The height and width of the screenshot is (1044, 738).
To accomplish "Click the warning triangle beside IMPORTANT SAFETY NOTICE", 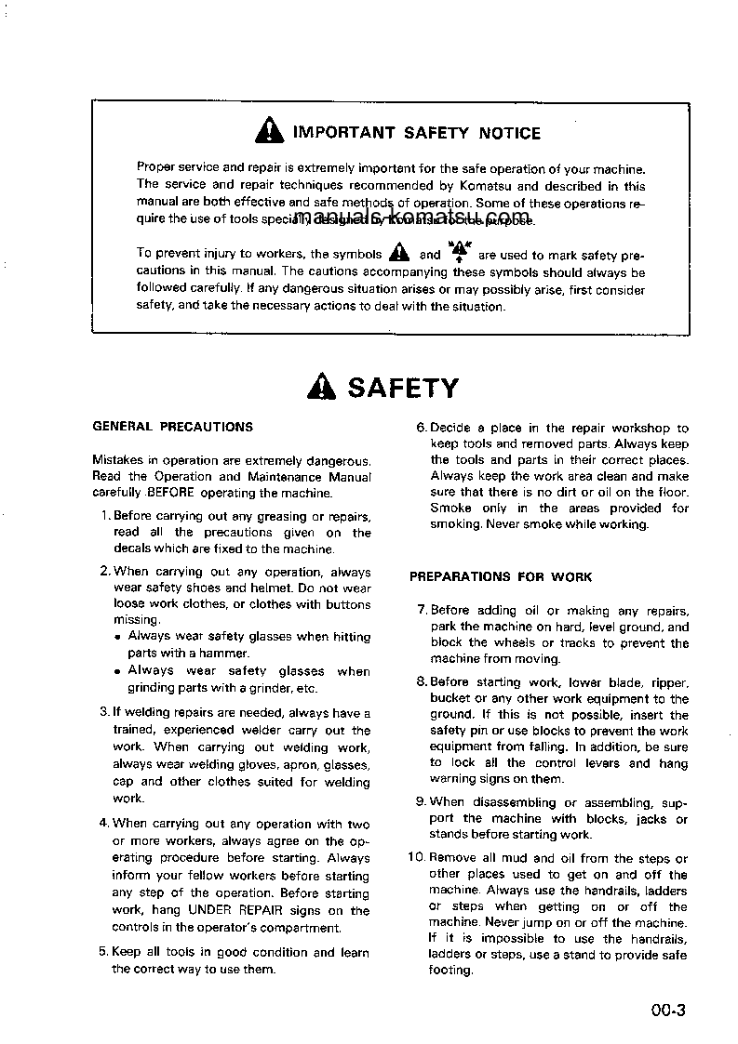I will click(270, 132).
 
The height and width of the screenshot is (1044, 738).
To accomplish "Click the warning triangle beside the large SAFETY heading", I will click(321, 387).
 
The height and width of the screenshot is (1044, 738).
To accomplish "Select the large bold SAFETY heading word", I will click(402, 388).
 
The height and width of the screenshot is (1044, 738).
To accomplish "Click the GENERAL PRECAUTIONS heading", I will click(172, 427).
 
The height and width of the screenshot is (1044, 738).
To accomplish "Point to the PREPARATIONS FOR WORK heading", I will click(501, 576).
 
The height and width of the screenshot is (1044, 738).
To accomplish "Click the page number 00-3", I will click(668, 1011).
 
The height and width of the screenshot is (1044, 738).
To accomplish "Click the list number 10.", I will click(416, 858).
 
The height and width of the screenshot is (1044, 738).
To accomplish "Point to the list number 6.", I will click(420, 428).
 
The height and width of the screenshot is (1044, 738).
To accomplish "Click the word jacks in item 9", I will click(647, 819).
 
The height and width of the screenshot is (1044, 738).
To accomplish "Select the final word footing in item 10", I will click(450, 971).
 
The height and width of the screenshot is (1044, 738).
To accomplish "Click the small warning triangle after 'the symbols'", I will click(398, 253).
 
